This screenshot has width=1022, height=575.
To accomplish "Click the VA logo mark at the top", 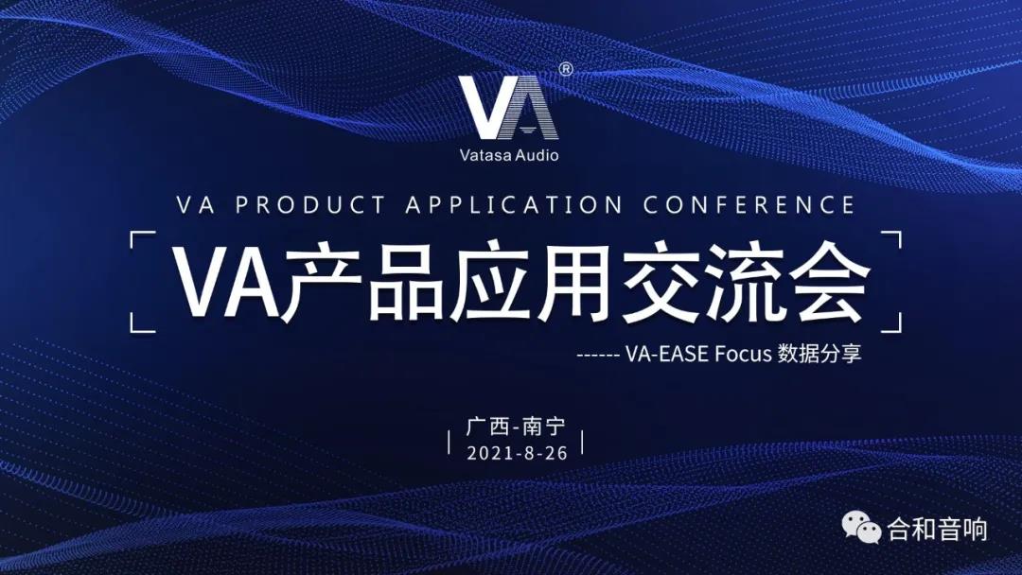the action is point(508,108).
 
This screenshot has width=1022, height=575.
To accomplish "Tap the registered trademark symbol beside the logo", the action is point(566,69).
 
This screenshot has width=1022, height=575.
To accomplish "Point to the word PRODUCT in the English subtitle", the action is point(310,205).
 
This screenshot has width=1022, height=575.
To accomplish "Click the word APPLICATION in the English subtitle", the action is point(514,205).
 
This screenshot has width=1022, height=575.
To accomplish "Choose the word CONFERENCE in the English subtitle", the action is point(749,205).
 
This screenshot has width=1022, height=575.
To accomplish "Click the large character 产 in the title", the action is point(321,281).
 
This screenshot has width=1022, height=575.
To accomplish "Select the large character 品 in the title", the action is point(405,282).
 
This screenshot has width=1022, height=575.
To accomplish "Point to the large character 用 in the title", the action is point(573,282).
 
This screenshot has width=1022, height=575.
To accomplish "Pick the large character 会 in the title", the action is point(828,281).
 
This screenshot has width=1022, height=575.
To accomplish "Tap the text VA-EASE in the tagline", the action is point(667,354).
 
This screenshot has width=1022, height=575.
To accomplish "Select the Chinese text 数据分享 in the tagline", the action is point(819,354).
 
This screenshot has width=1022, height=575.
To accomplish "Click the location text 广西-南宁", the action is point(516,427).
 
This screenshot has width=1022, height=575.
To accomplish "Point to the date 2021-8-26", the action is point(517,453).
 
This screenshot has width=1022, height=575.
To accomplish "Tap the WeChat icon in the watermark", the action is point(862,527).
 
